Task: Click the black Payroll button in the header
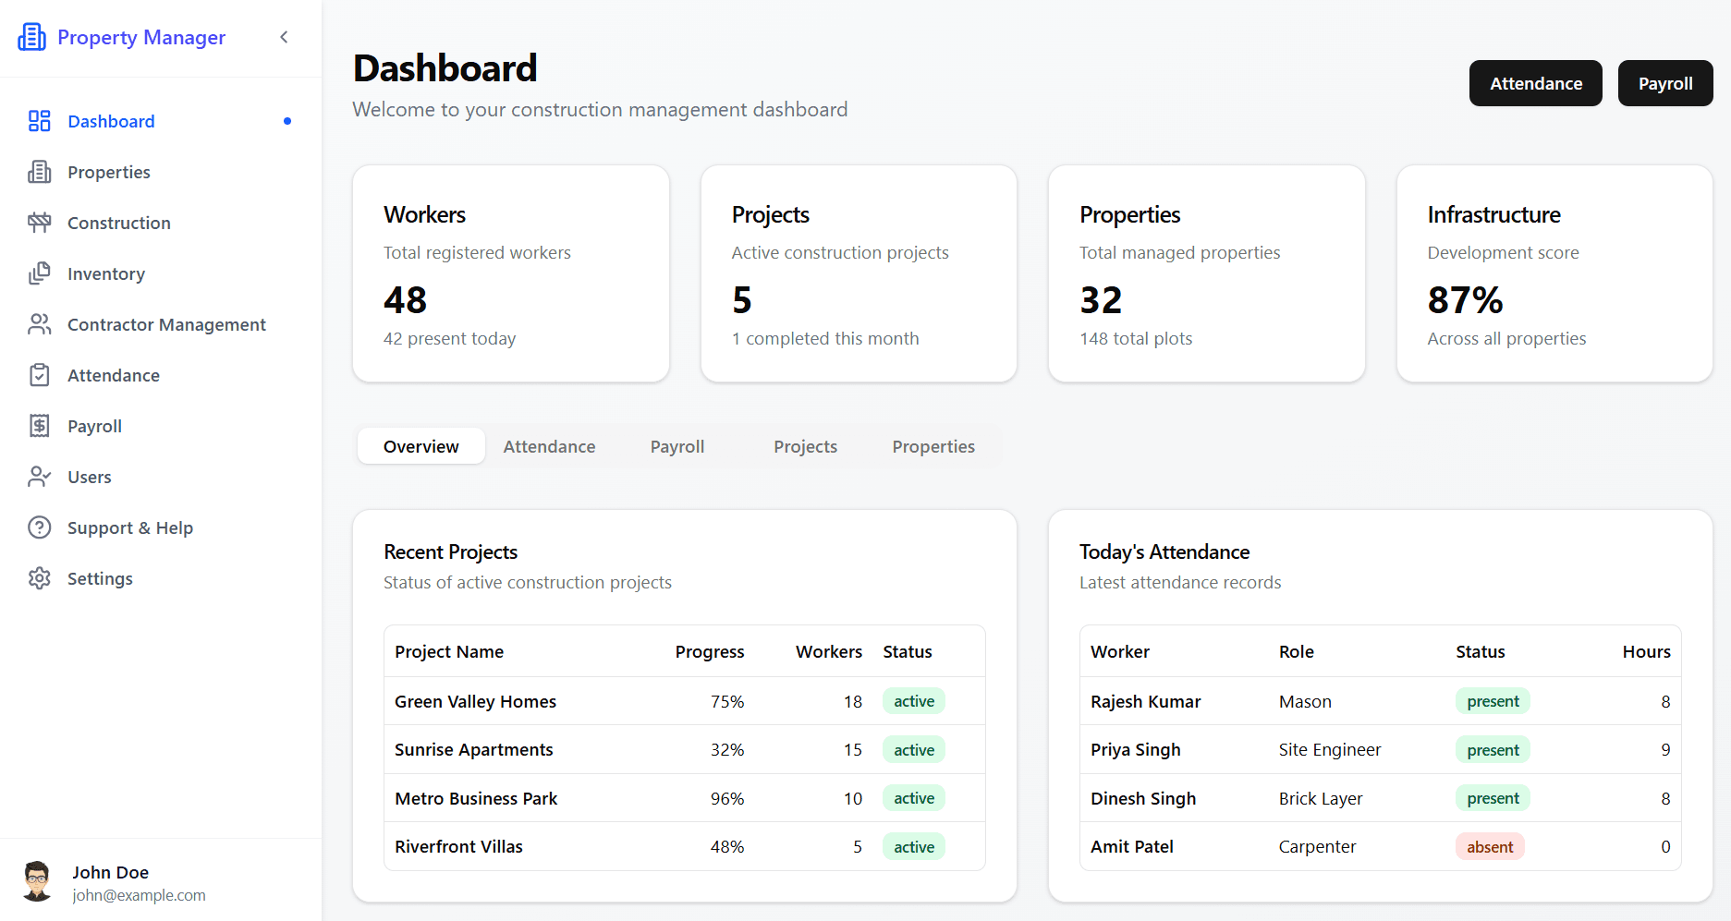click(1664, 83)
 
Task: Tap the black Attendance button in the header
click(1535, 83)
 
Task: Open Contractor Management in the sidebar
click(166, 324)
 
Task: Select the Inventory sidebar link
click(105, 273)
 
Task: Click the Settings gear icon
click(40, 578)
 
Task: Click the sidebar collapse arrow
click(284, 37)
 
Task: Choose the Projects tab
click(805, 446)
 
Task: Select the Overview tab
click(421, 446)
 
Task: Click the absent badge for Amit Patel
click(1489, 847)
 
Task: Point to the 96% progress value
click(726, 798)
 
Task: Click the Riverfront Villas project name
click(458, 847)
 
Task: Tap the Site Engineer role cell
click(1329, 750)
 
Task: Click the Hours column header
click(1646, 651)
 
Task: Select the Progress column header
click(709, 651)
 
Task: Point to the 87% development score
click(1465, 300)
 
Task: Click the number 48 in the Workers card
click(405, 300)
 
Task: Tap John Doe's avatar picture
click(37, 881)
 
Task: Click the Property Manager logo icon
click(31, 37)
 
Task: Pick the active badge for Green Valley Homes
click(913, 701)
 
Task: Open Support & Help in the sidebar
click(129, 527)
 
